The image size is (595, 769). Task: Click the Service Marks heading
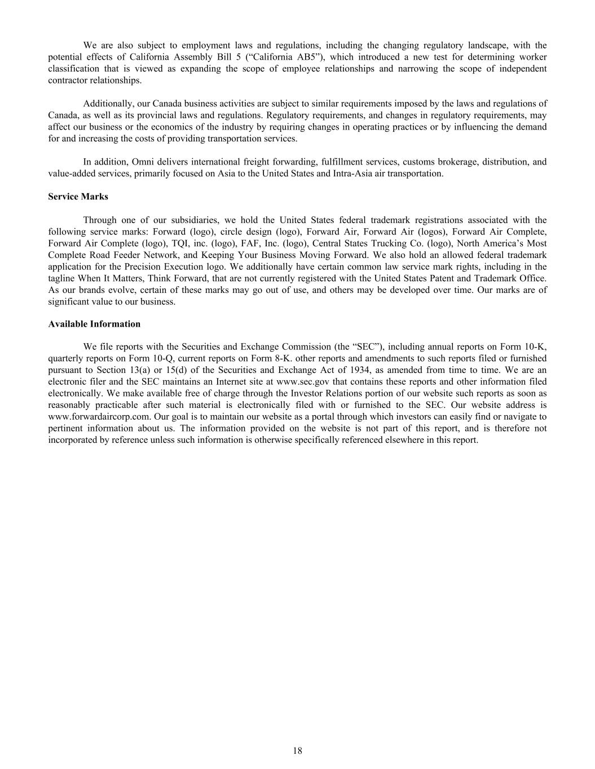[78, 197]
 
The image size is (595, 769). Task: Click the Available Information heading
[94, 324]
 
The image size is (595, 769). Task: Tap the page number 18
[297, 750]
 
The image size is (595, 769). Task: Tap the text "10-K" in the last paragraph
[536, 346]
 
